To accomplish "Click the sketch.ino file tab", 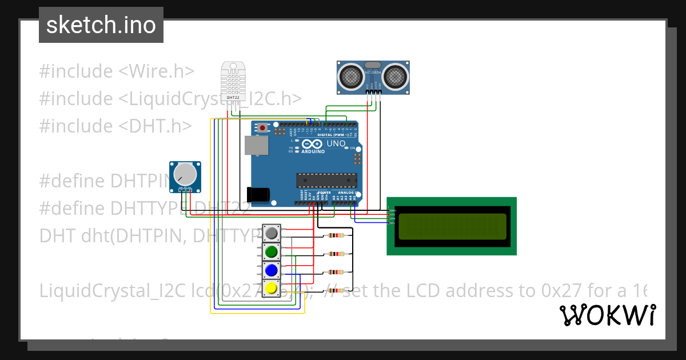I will click(101, 25).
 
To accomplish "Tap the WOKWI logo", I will click(607, 315).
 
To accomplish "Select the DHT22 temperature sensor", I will click(233, 82).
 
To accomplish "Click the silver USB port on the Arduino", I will click(256, 145).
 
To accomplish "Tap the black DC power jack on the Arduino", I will click(257, 194).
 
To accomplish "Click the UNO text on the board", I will click(336, 144).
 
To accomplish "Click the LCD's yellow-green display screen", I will click(452, 226).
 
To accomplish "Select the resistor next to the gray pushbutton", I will click(334, 235).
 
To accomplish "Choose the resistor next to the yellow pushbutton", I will click(334, 290).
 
